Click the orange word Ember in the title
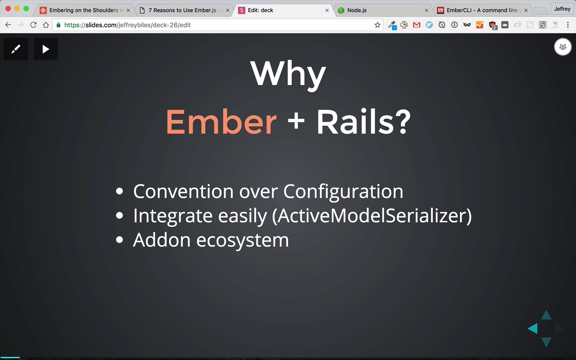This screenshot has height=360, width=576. (221, 121)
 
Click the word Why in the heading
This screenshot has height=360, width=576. (288, 75)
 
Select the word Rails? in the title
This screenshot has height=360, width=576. (364, 121)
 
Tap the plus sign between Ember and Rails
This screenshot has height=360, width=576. (296, 121)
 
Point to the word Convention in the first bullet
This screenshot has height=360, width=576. (183, 191)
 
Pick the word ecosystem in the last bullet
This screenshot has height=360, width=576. (243, 240)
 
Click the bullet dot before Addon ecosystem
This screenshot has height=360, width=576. (119, 239)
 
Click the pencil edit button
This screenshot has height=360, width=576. (16, 49)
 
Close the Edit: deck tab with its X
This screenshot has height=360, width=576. (327, 10)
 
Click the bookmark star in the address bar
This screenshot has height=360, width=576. (377, 25)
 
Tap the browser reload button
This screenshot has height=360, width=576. (33, 25)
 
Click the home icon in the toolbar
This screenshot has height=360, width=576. (46, 25)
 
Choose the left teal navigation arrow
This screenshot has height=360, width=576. (532, 328)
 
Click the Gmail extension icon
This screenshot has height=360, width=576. (417, 25)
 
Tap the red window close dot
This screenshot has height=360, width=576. (8, 9)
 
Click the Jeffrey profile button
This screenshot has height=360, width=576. (562, 9)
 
